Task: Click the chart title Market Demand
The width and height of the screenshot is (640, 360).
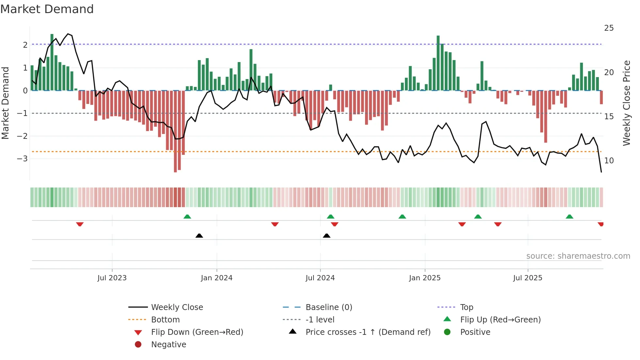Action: [47, 9]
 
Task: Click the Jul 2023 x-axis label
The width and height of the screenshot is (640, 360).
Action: [112, 278]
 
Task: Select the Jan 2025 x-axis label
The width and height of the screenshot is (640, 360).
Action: [424, 278]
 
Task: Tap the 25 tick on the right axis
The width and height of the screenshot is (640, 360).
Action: [609, 28]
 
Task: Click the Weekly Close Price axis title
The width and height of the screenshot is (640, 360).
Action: [626, 103]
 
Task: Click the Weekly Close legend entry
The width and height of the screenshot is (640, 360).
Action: [177, 307]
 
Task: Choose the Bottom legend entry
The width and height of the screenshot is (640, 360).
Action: [165, 320]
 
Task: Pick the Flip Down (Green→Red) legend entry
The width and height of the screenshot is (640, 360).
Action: [197, 332]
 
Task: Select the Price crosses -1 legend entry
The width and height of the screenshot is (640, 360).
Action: [368, 332]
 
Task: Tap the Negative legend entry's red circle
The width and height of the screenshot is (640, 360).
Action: [138, 345]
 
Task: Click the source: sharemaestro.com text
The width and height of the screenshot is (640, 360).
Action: [578, 256]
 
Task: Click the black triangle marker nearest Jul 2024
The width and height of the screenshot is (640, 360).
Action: [327, 236]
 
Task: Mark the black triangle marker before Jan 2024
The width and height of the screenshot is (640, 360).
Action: [199, 236]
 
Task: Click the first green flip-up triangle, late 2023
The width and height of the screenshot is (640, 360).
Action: [187, 217]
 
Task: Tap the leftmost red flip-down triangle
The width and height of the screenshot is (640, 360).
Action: [80, 224]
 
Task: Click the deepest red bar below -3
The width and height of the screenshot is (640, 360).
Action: [175, 131]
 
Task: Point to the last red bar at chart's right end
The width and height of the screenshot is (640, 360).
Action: [601, 97]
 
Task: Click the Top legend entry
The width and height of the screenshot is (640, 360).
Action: [467, 307]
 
